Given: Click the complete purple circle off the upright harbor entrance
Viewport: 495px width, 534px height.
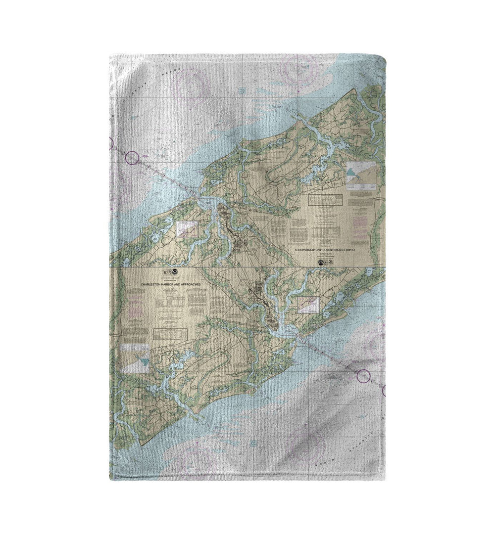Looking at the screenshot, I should pyautogui.click(x=364, y=377).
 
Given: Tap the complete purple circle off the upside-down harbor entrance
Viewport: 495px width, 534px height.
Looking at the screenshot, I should pyautogui.click(x=132, y=158).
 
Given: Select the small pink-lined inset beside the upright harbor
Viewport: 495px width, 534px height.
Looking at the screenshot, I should pyautogui.click(x=309, y=305).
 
